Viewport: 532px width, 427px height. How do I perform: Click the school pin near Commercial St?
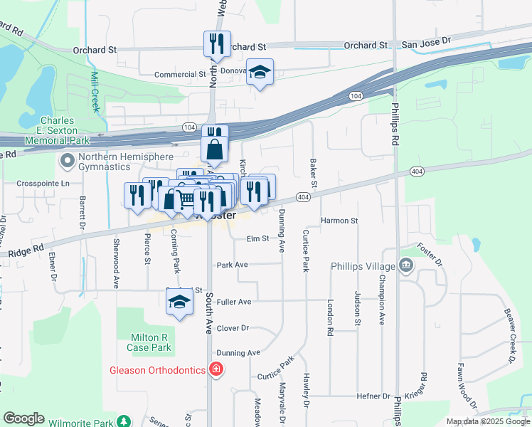(260, 73)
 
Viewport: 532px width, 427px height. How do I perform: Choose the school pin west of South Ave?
(179, 302)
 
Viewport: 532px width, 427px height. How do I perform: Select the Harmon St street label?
(339, 221)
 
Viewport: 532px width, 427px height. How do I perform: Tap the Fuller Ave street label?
(234, 302)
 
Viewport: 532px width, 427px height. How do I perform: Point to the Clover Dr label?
(233, 328)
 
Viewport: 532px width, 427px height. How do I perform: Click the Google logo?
(23, 418)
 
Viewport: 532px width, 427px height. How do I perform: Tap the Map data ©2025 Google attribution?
(487, 421)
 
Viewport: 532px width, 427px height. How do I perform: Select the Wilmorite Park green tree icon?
(124, 422)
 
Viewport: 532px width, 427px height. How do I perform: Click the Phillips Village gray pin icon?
(405, 265)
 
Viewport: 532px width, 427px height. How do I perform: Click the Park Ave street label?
(232, 265)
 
